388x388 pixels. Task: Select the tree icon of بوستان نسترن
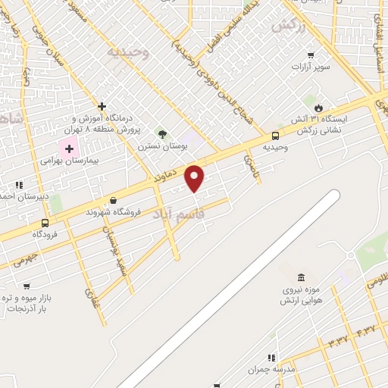click(x=161, y=133)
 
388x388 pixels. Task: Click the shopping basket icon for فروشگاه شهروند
click(x=114, y=200)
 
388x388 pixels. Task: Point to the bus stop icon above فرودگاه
click(x=45, y=223)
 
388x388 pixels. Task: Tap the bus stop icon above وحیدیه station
click(x=274, y=136)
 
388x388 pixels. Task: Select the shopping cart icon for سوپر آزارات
click(x=311, y=55)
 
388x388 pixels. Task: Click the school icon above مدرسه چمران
click(x=271, y=358)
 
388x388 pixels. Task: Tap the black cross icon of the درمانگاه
click(x=102, y=106)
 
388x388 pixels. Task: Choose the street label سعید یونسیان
click(x=113, y=249)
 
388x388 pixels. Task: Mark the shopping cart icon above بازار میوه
click(x=27, y=286)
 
